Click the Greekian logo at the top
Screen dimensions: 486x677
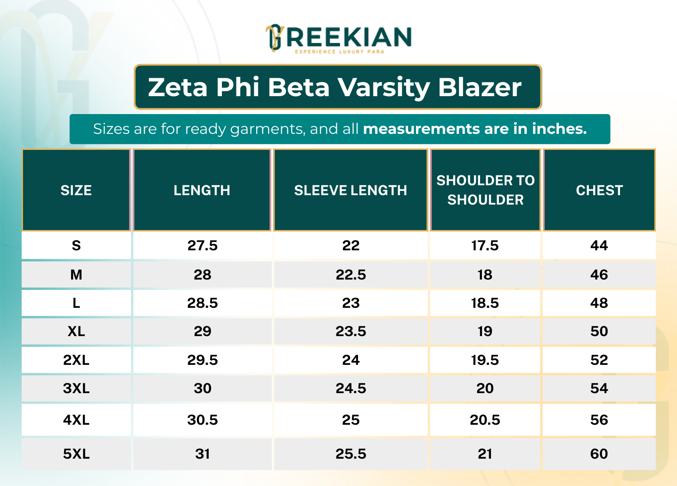(x=338, y=38)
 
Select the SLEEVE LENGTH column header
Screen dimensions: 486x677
(x=351, y=190)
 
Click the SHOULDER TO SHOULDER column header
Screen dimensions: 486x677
(x=485, y=190)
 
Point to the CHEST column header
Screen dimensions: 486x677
(x=599, y=190)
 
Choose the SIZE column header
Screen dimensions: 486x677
(x=76, y=190)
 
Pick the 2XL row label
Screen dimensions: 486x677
(x=76, y=360)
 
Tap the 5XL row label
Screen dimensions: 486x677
(x=76, y=454)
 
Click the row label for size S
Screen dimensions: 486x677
(x=76, y=246)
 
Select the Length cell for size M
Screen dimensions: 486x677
(x=203, y=275)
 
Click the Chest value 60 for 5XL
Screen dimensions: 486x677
(x=599, y=454)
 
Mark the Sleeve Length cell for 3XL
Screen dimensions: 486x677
(x=351, y=388)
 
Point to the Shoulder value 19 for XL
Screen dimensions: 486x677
(x=485, y=331)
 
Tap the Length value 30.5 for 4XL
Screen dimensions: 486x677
(x=203, y=420)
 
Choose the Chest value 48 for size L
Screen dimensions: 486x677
(x=599, y=303)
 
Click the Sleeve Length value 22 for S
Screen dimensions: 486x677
(x=351, y=246)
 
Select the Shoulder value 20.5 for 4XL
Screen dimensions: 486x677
(x=485, y=420)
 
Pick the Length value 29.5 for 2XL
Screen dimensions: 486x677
(x=203, y=360)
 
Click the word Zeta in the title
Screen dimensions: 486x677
(x=178, y=87)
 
